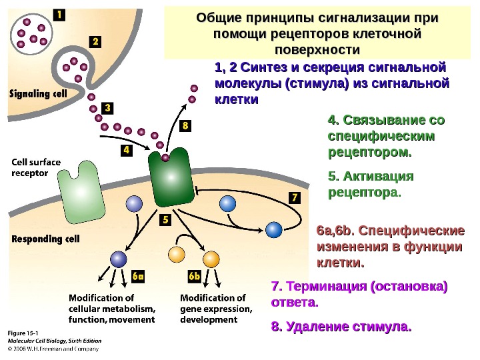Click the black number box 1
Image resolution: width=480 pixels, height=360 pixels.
pyautogui.click(x=59, y=14)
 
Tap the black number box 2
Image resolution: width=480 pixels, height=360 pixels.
pyautogui.click(x=95, y=41)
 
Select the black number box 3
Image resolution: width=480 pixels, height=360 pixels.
pyautogui.click(x=108, y=107)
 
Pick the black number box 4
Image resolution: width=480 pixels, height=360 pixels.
pyautogui.click(x=126, y=151)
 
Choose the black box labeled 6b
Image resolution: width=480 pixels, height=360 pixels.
pyautogui.click(x=194, y=275)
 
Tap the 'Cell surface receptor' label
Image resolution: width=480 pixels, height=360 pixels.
pyautogui.click(x=35, y=166)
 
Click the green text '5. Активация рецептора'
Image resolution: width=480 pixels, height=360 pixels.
pyautogui.click(x=371, y=185)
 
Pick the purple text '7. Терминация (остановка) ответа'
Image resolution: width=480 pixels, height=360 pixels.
pyautogui.click(x=359, y=294)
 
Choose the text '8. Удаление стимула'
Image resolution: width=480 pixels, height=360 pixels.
pyautogui.click(x=341, y=327)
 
